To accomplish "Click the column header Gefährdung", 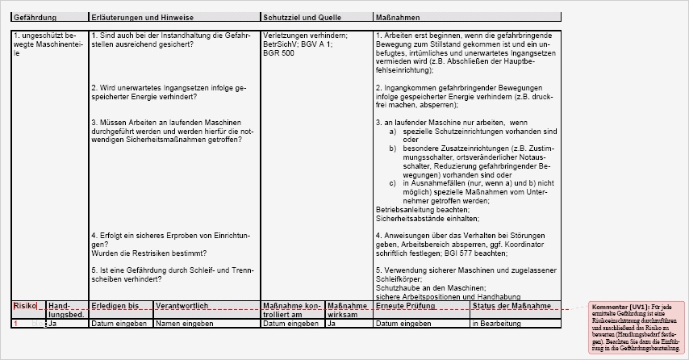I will (31, 17).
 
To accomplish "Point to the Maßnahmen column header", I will (397, 17).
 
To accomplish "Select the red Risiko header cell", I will (25, 307).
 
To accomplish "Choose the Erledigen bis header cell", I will (111, 307).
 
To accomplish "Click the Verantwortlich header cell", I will (182, 307).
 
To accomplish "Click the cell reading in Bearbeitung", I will (497, 323).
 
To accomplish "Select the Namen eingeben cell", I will (185, 323).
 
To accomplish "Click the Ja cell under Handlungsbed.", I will (52, 323).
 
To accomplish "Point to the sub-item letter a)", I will (393, 130).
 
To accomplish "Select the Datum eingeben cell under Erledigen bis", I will (119, 323).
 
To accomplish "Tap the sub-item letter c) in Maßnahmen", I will (393, 183).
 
